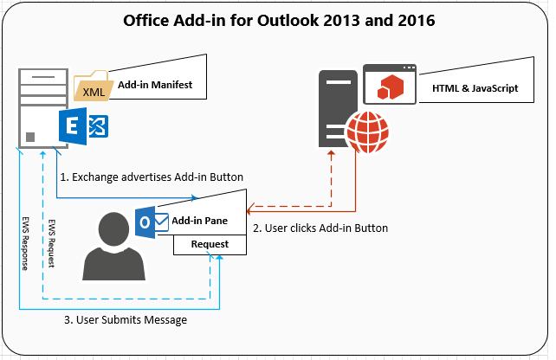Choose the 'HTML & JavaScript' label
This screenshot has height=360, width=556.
point(469,87)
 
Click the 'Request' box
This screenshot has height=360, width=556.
point(210,244)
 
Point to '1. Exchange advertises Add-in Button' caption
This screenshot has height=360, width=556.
point(152,177)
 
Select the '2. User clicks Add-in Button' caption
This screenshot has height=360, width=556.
point(320,228)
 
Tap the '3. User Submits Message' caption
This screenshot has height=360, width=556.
point(126,320)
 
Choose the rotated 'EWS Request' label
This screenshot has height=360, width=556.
point(52,241)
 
